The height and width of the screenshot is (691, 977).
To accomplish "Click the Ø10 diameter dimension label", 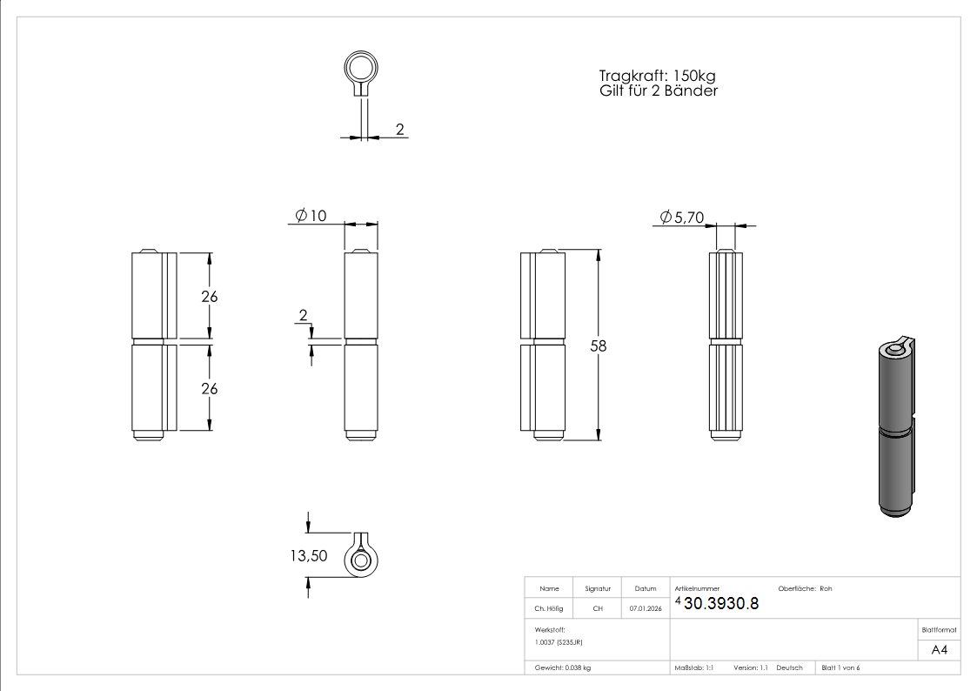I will pyautogui.click(x=311, y=216).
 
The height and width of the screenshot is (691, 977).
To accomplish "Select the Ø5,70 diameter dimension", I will pyautogui.click(x=681, y=218).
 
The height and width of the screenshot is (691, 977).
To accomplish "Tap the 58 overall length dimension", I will pyautogui.click(x=599, y=345).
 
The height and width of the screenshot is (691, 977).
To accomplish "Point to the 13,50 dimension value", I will pyautogui.click(x=309, y=555).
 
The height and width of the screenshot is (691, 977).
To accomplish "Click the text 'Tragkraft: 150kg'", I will pyautogui.click(x=657, y=76).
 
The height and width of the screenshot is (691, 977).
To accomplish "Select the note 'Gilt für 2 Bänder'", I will pyautogui.click(x=659, y=91).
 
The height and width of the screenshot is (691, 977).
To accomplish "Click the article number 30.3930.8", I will pyautogui.click(x=721, y=604).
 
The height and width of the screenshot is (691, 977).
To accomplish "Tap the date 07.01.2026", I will pyautogui.click(x=645, y=609).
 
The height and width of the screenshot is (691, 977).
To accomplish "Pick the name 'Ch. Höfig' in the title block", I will pyautogui.click(x=549, y=609).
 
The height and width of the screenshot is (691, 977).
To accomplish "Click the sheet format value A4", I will pyautogui.click(x=939, y=650).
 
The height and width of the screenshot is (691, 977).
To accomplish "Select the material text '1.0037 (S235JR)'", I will pyautogui.click(x=559, y=641).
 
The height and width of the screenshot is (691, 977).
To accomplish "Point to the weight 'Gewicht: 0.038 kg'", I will pyautogui.click(x=563, y=668).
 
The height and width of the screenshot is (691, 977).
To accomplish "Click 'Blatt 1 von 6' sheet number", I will pyautogui.click(x=840, y=668).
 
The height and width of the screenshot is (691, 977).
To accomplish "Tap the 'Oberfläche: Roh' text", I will pyautogui.click(x=805, y=589).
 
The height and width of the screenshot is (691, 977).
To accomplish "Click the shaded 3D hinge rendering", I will pyautogui.click(x=893, y=426).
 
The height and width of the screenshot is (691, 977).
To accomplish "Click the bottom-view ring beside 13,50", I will pyautogui.click(x=361, y=558).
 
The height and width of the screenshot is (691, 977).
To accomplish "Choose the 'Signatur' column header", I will pyautogui.click(x=598, y=589).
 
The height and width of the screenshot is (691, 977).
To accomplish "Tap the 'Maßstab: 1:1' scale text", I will pyautogui.click(x=694, y=668).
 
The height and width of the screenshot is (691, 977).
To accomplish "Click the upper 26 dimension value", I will pyautogui.click(x=209, y=296).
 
